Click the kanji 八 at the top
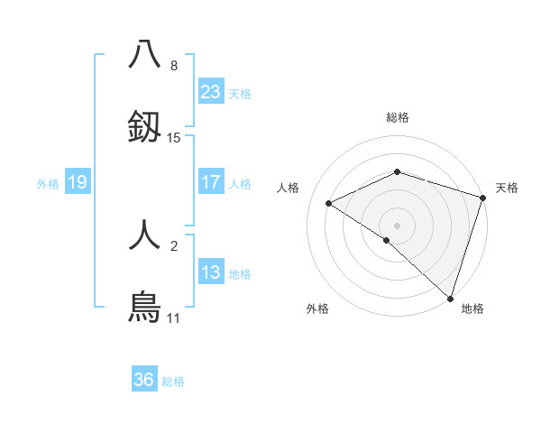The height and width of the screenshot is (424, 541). point(144,54)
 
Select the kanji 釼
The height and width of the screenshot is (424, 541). point(144,127)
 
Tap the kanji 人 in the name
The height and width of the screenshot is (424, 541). point(144,235)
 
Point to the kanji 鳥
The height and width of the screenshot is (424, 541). point(144,307)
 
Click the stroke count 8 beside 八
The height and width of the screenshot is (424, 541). point(174,66)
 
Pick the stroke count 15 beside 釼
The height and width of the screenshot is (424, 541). point(174,138)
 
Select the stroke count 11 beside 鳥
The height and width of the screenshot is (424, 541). point(174,318)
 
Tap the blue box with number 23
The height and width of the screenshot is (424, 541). point(211,92)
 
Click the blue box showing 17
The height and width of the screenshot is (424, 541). point(211,182)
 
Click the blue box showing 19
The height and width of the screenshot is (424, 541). point(78,182)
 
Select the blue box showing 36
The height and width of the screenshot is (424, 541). point(144,380)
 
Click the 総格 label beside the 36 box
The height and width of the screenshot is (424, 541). point(173,382)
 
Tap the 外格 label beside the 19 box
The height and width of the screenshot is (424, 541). point(48,184)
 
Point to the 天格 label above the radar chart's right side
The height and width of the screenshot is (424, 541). point(507,188)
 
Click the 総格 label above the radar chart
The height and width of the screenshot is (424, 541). point(398,117)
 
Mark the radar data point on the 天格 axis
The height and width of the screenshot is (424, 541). point(483,198)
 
